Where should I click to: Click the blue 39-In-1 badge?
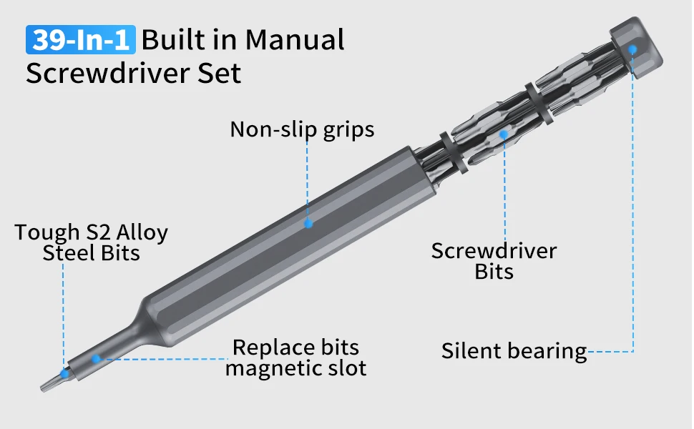coord(79,39)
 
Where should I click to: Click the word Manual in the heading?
coord(295,39)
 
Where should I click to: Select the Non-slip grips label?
coord(302,129)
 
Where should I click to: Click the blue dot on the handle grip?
coord(308,223)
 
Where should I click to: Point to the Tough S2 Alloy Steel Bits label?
coord(92,243)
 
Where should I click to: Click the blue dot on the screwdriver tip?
coord(64,373)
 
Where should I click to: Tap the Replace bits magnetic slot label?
coord(295,358)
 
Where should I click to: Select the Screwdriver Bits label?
coord(494,261)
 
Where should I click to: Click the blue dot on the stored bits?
coord(504,134)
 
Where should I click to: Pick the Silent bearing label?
coord(514,352)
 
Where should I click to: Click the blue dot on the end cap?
coord(632,49)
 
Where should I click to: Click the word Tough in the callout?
coord(47,233)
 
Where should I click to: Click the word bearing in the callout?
coord(547,352)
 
